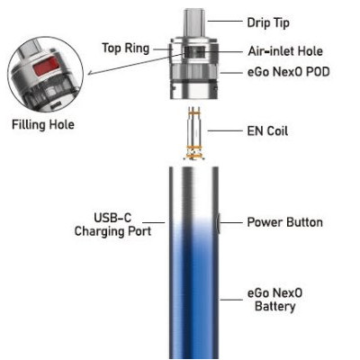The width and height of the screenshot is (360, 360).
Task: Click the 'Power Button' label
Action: [284, 221]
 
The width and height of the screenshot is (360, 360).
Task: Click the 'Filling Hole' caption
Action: [42, 124]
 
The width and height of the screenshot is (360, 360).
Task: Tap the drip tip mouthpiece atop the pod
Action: [194, 21]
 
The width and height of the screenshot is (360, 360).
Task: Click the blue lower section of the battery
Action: [194, 306]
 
